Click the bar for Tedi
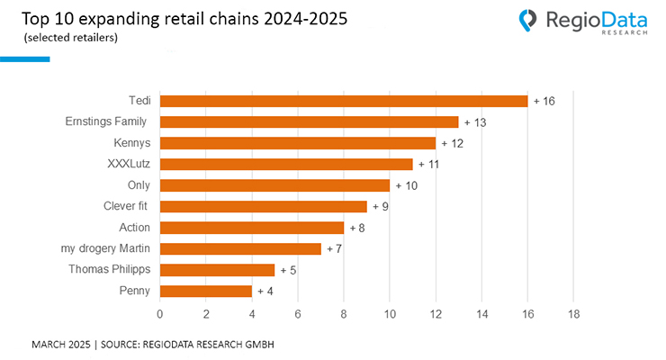point(344,101)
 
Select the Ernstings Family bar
point(309,121)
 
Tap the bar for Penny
point(205,291)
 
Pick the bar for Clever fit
point(263,206)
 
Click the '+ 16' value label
point(544,101)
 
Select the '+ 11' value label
point(429,164)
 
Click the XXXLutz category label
point(128,164)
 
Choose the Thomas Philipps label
point(109,269)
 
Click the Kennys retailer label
point(130,142)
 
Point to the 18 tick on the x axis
point(573,314)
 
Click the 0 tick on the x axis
point(160,314)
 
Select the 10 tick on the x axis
point(390,314)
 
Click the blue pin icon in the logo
point(528,19)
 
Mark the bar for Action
point(252,228)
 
